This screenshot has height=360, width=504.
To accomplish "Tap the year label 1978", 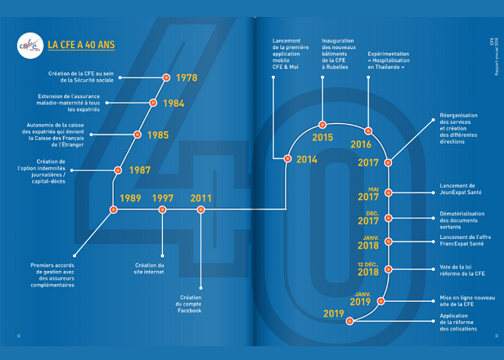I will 187,78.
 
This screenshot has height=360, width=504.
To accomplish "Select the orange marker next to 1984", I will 153,103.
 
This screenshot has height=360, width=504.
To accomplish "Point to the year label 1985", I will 158,135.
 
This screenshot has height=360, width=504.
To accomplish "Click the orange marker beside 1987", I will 118,170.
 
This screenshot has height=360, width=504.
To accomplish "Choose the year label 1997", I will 163,198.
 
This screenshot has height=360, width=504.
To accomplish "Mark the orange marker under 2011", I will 201,209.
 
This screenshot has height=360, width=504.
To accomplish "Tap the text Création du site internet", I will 149,268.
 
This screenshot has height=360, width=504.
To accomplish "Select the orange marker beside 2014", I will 287,158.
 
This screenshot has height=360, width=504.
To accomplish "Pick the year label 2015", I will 323,138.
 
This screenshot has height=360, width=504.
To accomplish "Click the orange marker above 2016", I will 368,131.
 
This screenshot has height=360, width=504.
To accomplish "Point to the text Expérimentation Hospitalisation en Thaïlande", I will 389,60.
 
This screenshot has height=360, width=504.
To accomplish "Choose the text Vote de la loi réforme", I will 461,271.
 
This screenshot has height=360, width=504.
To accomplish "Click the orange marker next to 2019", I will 350,321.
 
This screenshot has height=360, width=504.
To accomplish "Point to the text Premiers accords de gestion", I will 53,275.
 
